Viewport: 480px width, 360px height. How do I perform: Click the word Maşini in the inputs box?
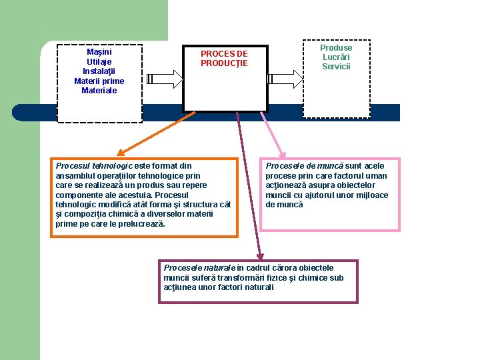99,52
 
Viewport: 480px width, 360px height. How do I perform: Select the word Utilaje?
99,61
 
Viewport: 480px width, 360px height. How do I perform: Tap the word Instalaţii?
99,71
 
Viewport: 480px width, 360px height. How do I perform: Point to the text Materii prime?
99,81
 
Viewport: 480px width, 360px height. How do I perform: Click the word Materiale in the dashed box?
99,91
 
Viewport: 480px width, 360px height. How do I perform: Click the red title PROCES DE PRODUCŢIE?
224,59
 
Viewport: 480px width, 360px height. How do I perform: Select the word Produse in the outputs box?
336,48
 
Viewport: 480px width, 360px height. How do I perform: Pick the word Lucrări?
336,57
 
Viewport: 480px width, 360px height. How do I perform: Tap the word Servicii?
336,67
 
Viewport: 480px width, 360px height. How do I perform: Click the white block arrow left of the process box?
164,79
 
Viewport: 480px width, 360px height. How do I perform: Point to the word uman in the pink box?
377,176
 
